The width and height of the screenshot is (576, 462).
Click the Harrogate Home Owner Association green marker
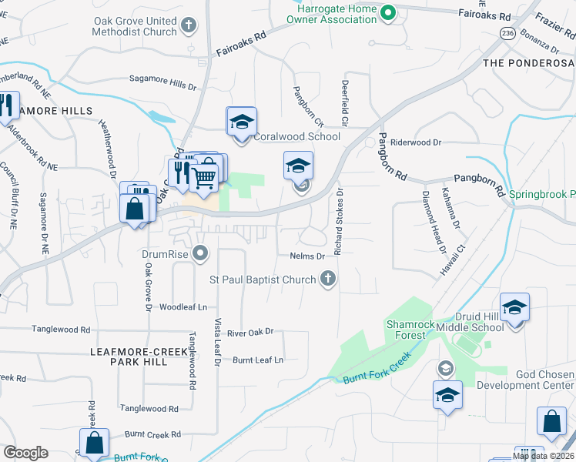(389, 12)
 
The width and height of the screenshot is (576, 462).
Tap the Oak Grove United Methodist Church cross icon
(189, 26)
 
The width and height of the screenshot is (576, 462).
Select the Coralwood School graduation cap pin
(241, 122)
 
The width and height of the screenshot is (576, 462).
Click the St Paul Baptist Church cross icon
(328, 278)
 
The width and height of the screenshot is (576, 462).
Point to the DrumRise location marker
(201, 253)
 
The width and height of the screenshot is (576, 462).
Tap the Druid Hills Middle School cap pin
(514, 308)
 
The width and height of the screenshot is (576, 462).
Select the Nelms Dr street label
(309, 256)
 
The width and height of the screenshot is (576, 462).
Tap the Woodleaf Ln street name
(183, 306)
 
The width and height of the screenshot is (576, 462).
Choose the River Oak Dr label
(251, 333)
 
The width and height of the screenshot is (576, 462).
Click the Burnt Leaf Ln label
(258, 360)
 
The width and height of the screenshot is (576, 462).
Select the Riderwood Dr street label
(416, 142)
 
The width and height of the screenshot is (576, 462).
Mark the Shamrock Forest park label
(405, 330)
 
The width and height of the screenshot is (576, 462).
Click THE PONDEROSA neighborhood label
(528, 62)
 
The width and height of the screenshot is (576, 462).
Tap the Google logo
(25, 453)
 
